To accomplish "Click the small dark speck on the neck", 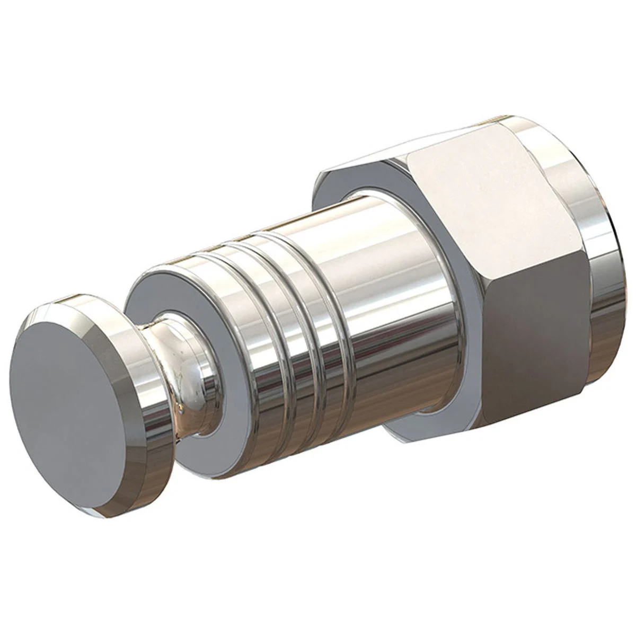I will [x=183, y=408].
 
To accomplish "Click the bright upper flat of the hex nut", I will [x=488, y=201].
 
